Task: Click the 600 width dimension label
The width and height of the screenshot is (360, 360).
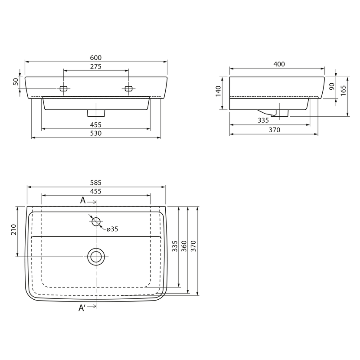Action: click(95, 58)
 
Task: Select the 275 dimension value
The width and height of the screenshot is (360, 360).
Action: click(95, 67)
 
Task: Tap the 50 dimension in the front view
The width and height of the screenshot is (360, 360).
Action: click(16, 82)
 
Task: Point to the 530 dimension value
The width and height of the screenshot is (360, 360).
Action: click(95, 134)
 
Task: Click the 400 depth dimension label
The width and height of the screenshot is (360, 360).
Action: click(279, 64)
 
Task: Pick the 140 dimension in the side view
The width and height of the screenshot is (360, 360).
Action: click(218, 91)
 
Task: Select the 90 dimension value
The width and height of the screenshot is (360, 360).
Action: click(332, 86)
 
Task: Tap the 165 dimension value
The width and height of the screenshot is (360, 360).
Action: click(343, 91)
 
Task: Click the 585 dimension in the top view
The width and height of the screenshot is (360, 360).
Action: click(95, 183)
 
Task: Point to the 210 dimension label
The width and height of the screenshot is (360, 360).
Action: click(13, 229)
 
